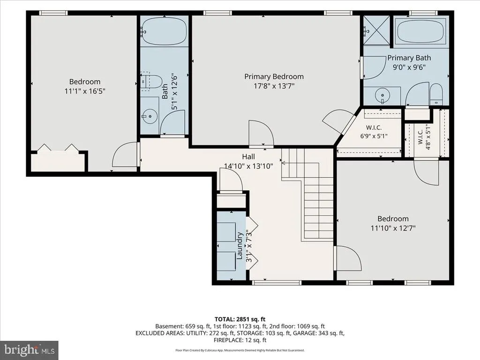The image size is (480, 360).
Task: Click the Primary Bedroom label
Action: coord(274,76)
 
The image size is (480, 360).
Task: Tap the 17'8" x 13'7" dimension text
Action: coord(274,86)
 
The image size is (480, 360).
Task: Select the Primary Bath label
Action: coord(409,58)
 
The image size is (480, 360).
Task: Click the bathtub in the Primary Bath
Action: coord(420,31)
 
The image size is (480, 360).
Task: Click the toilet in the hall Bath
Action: coord(151,81)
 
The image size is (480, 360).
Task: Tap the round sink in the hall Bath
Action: coord(150,116)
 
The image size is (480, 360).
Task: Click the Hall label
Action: coord(248,157)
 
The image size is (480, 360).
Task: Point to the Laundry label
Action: coord(240,246)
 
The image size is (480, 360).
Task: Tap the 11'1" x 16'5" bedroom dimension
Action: coord(85,91)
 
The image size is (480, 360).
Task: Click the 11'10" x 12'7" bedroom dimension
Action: coord(393,228)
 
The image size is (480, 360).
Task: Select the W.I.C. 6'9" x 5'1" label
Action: coord(374,132)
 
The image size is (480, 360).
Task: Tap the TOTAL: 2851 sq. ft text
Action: coord(240,319)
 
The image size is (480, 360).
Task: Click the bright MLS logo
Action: coord(30,350)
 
